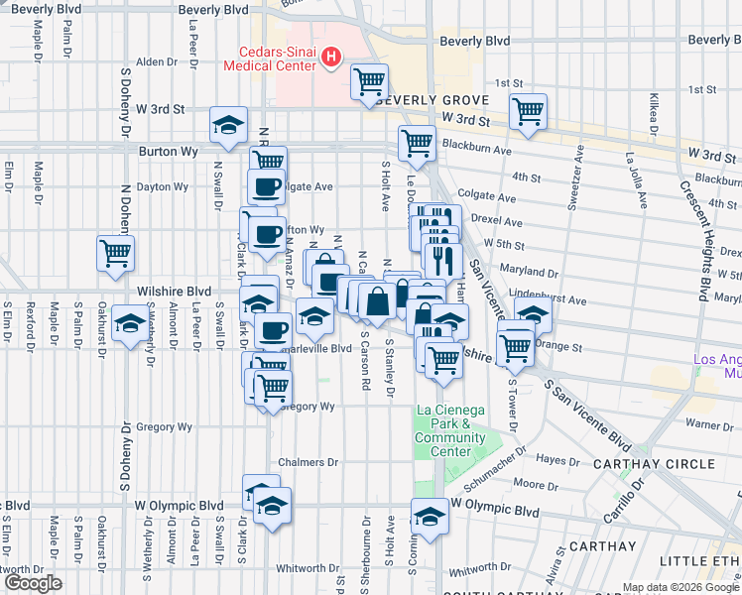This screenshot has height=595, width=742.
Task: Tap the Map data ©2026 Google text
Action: pyautogui.click(x=680, y=587)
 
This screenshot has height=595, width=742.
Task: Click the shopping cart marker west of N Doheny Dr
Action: pyautogui.click(x=115, y=254)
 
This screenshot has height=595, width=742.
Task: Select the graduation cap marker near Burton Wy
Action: pyautogui.click(x=228, y=126)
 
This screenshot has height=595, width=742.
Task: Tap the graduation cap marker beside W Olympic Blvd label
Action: pyautogui.click(x=430, y=517)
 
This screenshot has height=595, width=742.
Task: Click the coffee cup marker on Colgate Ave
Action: pyautogui.click(x=266, y=186)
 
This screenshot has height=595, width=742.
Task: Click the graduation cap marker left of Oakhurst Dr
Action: pyautogui.click(x=128, y=324)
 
